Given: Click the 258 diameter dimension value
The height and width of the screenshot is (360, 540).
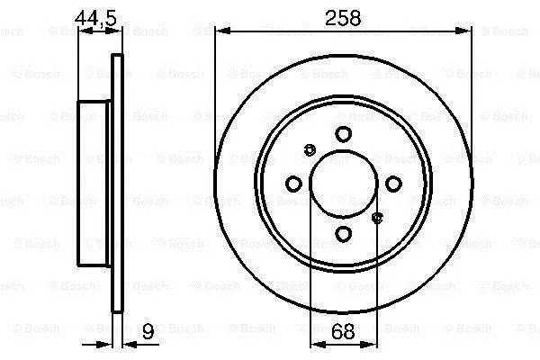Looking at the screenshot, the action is tap(343, 18).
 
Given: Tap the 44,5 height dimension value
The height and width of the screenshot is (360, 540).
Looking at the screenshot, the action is tap(96, 18).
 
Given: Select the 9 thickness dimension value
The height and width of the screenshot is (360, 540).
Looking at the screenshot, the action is tap(148, 332).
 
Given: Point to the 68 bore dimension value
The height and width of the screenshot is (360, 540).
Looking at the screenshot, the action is tap(343, 331).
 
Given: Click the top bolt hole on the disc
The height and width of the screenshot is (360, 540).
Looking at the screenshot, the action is tap(344, 134).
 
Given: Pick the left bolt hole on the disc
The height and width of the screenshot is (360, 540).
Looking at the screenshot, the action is tap(293, 184).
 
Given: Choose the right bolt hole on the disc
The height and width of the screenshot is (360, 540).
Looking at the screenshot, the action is tap(393, 184).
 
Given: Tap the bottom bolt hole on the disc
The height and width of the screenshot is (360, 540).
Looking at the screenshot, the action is tap(344, 234).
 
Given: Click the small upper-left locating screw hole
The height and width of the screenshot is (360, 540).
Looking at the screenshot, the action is tap(310, 150).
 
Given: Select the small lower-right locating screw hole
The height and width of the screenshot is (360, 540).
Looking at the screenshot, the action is tap(378, 218).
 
